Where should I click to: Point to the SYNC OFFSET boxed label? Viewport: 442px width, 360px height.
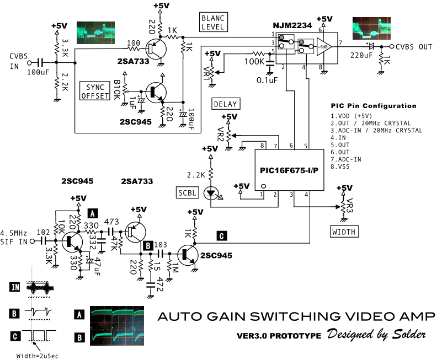[95, 92]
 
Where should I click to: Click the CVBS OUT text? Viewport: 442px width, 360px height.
[414, 47]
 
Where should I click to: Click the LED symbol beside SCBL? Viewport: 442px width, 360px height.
[210, 193]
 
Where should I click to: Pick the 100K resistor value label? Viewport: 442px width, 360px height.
[254, 61]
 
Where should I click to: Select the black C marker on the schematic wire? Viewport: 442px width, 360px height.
[221, 236]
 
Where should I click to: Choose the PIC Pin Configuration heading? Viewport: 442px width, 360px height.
[374, 106]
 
